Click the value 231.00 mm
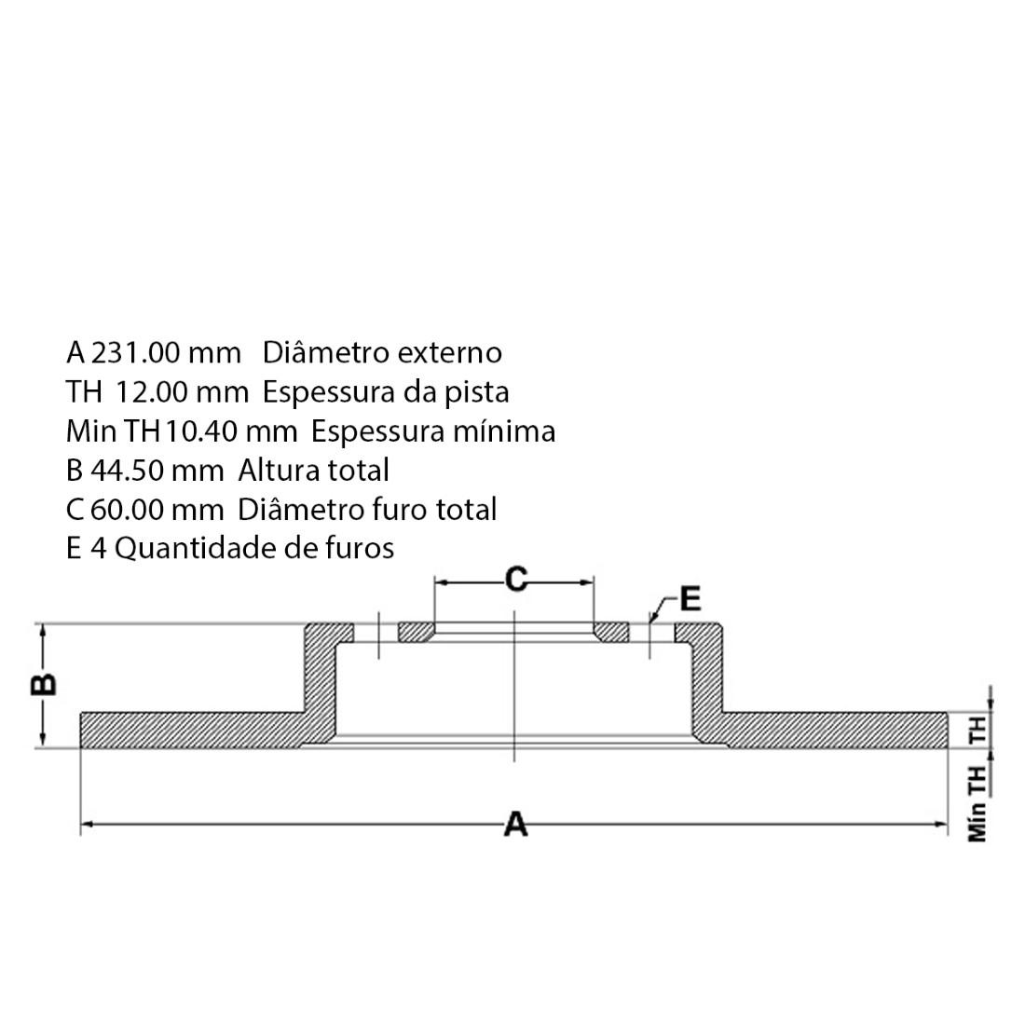click(165, 353)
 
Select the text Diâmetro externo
click(382, 353)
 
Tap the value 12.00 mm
click(182, 392)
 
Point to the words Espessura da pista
click(386, 392)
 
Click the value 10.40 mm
click(231, 431)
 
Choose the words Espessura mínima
click(433, 431)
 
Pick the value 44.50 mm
click(157, 471)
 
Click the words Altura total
click(314, 470)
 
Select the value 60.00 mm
click(157, 510)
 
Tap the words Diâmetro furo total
click(367, 509)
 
